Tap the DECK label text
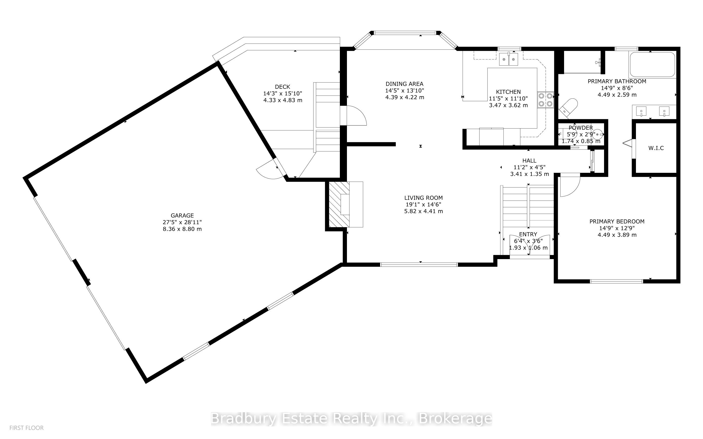[x=282, y=87]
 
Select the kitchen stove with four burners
[x=546, y=100]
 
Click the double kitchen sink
[x=509, y=59]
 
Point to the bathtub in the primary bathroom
[x=652, y=65]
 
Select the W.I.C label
[x=656, y=148]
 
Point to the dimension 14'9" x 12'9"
[x=617, y=228]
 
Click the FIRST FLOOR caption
[x=26, y=428]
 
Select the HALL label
[x=529, y=161]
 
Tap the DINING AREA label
[x=404, y=84]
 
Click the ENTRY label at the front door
[x=528, y=234]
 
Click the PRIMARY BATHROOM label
[x=617, y=81]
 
